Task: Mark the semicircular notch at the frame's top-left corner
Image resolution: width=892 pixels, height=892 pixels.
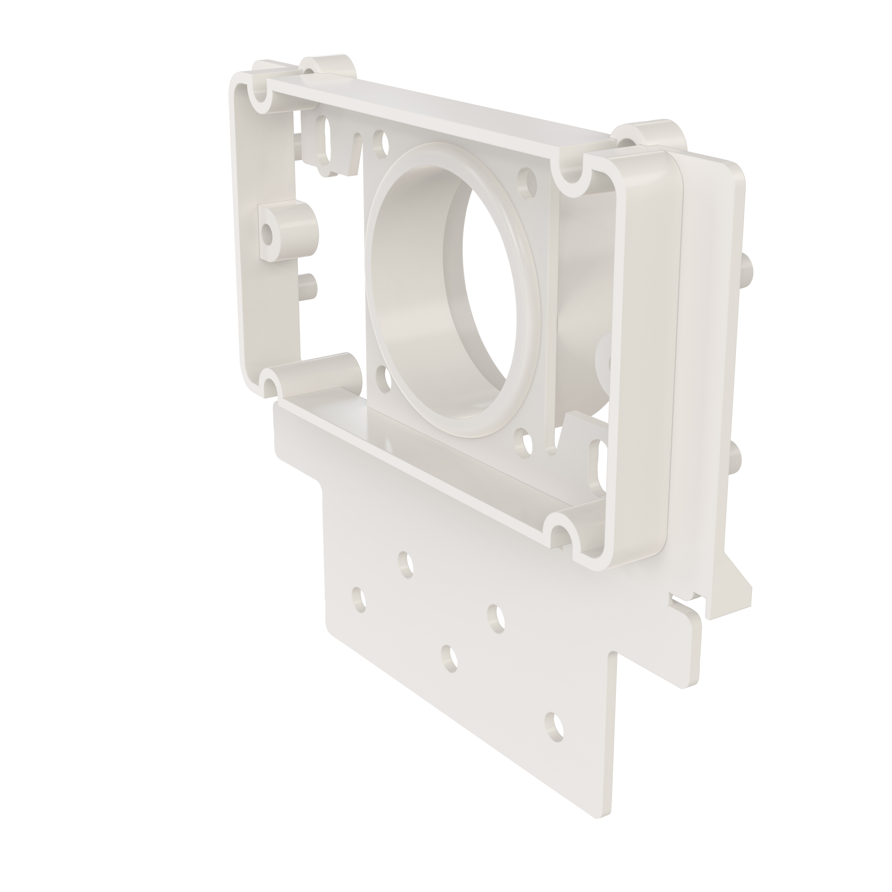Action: (260, 97)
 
